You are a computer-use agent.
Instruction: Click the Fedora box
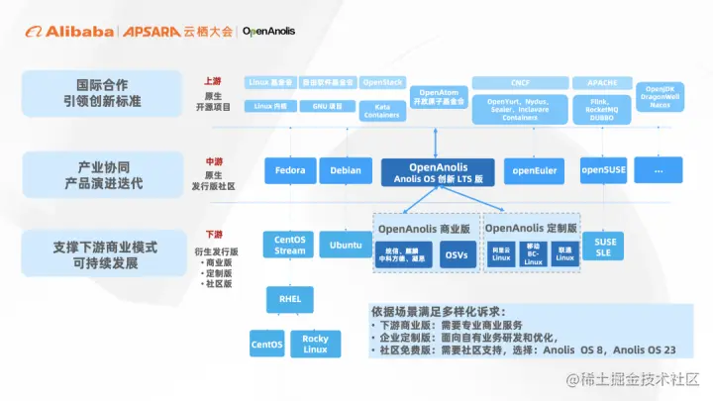click(x=291, y=170)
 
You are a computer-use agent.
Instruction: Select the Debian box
click(x=345, y=170)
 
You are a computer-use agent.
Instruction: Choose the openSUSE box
click(x=603, y=170)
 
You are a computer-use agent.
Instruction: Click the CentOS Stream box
click(x=290, y=245)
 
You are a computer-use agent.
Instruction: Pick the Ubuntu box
click(x=345, y=245)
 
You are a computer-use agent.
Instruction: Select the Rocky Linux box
click(x=315, y=344)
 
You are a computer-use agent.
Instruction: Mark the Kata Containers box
click(x=381, y=110)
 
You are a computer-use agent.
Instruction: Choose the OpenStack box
click(x=381, y=83)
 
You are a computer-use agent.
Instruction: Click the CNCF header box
click(x=520, y=83)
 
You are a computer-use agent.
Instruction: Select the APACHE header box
click(x=602, y=83)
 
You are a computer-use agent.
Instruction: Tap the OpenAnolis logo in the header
click(x=268, y=31)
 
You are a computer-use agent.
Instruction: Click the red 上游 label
click(x=213, y=81)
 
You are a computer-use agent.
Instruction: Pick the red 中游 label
click(x=213, y=160)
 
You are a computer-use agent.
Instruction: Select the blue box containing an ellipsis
click(x=659, y=170)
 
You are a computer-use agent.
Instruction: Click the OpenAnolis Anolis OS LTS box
click(x=438, y=171)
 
